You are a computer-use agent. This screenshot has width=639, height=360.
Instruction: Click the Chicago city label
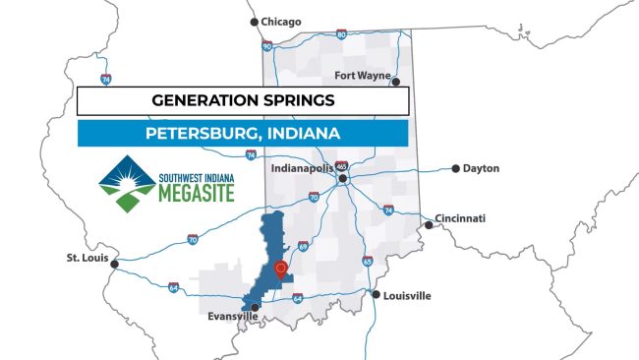pyautogui.click(x=282, y=21)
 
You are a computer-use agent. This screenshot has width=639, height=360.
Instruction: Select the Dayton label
pyautogui.click(x=481, y=168)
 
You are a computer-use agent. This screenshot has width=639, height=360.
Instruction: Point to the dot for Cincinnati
pyautogui.click(x=429, y=225)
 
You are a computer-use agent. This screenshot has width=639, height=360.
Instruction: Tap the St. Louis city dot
pyautogui.click(x=115, y=263)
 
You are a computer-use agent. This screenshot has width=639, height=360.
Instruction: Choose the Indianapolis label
pyautogui.click(x=301, y=169)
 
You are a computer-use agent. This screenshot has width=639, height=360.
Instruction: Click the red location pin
pyautogui.click(x=281, y=268)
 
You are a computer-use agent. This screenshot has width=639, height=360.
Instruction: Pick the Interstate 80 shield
pyautogui.click(x=341, y=34)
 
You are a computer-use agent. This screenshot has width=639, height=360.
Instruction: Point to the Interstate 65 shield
pyautogui.click(x=366, y=261)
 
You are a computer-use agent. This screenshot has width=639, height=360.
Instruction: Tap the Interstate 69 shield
pyautogui.click(x=303, y=246)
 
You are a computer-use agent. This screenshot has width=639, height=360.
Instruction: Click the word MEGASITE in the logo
pyautogui.click(x=198, y=192)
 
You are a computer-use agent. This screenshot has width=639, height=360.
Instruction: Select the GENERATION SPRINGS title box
pyautogui.click(x=242, y=100)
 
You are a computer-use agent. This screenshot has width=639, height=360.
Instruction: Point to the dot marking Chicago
pyautogui.click(x=254, y=21)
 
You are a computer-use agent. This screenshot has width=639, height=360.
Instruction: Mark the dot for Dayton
pyautogui.click(x=455, y=168)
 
